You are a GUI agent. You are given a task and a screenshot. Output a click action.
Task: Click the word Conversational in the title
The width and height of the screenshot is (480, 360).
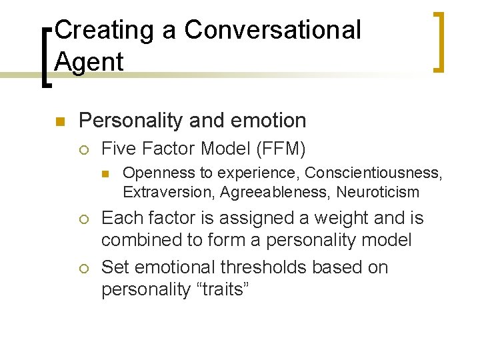(272, 30)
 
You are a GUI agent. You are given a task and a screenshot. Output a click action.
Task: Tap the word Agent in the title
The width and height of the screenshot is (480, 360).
(89, 62)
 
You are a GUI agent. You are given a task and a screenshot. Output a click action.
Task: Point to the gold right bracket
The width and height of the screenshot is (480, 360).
(439, 41)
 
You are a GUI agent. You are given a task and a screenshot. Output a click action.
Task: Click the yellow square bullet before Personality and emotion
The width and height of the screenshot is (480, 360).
(59, 121)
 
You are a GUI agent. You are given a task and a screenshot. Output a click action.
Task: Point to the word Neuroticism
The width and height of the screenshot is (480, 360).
(378, 193)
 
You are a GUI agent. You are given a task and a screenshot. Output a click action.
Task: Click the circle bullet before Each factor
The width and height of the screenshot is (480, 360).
(84, 219)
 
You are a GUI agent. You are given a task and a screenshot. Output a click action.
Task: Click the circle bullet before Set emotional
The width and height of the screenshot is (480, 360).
(84, 268)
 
